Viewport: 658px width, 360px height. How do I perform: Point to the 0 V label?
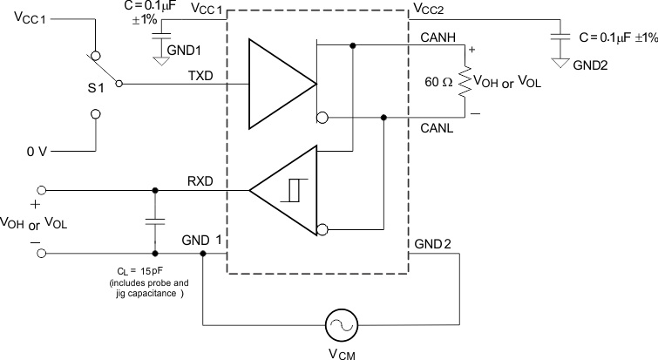coord(37,151)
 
